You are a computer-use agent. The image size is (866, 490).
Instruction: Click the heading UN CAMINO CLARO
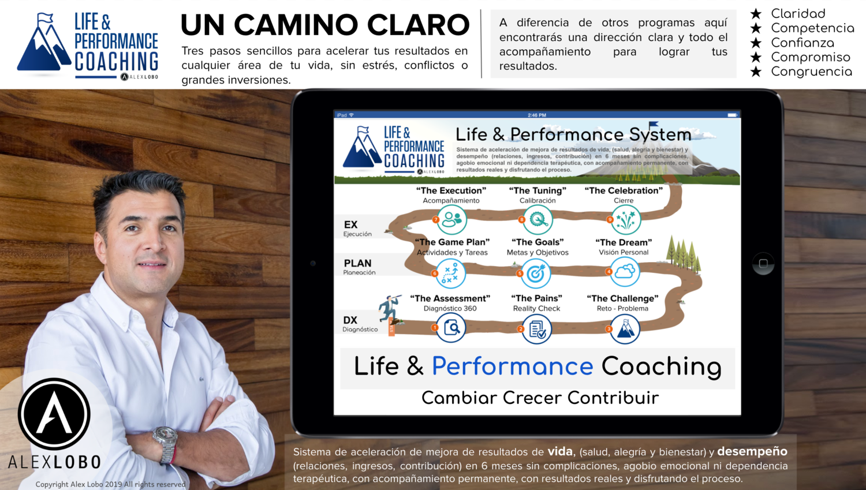[x=324, y=25]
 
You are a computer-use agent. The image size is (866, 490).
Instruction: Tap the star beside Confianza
[x=756, y=43]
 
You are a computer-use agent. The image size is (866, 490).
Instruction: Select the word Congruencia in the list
[x=811, y=72]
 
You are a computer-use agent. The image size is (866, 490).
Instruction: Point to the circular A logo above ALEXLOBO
[x=54, y=414]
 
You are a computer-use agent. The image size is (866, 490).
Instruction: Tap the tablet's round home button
[x=763, y=264]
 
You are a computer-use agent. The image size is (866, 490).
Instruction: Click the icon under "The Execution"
[x=451, y=220]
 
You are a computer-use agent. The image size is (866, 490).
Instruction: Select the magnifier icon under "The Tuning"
[x=538, y=220]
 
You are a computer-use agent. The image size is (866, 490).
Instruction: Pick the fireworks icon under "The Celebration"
[x=625, y=220]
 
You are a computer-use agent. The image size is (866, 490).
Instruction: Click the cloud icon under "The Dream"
[x=625, y=272]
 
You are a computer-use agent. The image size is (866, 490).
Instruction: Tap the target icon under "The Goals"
[x=536, y=274]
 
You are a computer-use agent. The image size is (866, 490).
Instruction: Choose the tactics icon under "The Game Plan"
[x=450, y=273]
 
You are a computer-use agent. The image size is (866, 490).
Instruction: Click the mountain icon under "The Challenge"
[x=625, y=329]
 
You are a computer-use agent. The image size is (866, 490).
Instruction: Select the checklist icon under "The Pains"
[x=537, y=330]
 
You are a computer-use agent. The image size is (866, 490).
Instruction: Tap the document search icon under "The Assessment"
[x=451, y=328]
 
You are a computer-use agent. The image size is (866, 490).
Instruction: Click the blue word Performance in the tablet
[x=512, y=366]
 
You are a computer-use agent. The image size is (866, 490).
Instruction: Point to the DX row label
[x=350, y=320]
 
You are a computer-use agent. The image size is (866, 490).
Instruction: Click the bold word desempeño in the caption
[x=752, y=451]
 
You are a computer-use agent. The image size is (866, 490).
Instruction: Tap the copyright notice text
[x=110, y=484]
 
